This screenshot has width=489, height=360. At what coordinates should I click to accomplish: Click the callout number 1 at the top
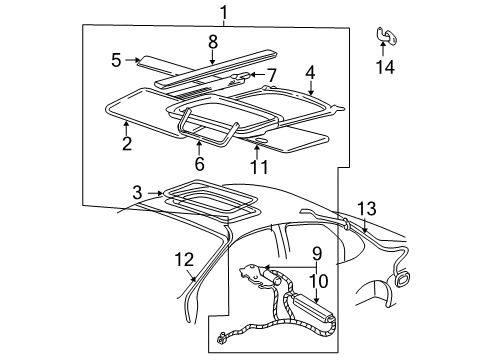pos(224,13)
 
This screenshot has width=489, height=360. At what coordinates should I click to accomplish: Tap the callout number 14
pos(385,67)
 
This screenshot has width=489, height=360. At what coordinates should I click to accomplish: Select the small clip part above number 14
pos(387,35)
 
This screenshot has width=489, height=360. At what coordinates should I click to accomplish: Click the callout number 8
pos(213,42)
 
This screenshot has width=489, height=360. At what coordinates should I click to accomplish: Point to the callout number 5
pos(116,60)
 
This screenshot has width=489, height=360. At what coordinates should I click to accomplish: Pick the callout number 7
pos(272,76)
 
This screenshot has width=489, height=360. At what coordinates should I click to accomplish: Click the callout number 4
pos(310,72)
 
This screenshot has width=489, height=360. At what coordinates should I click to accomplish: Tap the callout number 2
pos(127,144)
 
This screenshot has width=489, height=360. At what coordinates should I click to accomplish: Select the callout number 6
pos(199,164)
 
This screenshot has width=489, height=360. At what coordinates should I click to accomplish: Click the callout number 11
pos(259,167)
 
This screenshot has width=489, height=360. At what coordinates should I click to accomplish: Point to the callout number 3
pos(137,193)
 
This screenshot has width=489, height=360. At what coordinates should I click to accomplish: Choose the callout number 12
pos(184,260)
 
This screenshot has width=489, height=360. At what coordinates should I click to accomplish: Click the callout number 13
pos(367,209)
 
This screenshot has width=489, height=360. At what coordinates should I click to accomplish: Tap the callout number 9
pos(317,254)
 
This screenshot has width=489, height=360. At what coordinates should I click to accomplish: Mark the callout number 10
pos(319,281)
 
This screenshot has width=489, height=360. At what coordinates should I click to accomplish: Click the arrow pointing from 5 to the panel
pos(133,60)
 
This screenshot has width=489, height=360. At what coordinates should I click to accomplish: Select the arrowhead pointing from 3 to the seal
pos(161,193)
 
